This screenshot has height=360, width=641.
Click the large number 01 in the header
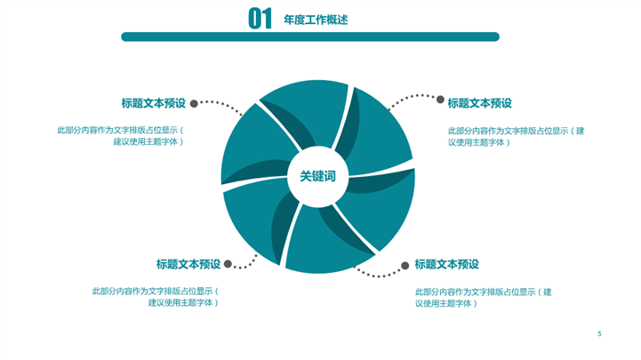(x=260, y=18)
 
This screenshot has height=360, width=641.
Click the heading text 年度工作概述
(x=316, y=19)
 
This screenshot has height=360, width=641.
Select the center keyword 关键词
(x=317, y=177)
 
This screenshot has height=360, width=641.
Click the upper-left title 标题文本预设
(x=153, y=103)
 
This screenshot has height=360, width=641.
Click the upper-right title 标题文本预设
(x=479, y=103)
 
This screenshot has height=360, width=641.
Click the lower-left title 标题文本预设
(x=188, y=264)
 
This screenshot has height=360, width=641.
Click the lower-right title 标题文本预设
(x=446, y=264)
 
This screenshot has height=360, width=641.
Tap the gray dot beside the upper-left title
(x=194, y=103)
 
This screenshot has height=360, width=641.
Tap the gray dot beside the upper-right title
(x=439, y=99)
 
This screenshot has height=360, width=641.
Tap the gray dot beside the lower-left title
(x=228, y=264)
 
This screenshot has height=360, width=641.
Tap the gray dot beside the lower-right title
(x=405, y=265)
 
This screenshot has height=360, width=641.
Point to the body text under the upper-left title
(x=121, y=135)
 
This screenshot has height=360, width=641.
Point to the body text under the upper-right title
(x=516, y=136)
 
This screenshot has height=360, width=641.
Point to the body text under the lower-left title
(x=156, y=296)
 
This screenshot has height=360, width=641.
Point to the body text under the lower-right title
(x=484, y=297)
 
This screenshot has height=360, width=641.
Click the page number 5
(x=599, y=333)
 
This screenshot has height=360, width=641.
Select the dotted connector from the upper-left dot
(x=221, y=105)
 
